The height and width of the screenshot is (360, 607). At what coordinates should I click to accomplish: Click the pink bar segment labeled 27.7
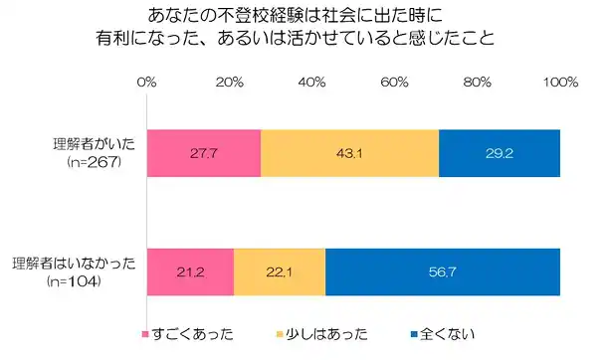coord(204,153)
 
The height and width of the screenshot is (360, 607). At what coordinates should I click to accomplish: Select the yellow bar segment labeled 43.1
coord(349,153)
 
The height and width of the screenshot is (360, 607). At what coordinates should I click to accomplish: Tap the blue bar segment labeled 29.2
coord(500,153)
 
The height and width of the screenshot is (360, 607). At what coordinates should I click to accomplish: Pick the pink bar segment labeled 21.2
coord(190,272)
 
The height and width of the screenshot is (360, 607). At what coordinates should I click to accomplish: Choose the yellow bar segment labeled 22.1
coord(280,272)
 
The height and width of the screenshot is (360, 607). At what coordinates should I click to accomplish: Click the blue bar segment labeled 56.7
coord(443,272)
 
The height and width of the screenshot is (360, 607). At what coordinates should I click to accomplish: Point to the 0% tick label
coord(147,82)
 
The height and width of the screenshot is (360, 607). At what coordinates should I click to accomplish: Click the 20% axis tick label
coord(230,82)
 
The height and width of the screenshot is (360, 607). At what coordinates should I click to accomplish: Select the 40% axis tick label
coord(312,82)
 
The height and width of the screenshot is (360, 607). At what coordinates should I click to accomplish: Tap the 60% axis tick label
coord(394,82)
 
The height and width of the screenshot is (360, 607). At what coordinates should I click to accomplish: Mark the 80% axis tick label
coord(478,82)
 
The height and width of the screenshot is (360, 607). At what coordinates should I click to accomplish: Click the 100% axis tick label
coord(560,82)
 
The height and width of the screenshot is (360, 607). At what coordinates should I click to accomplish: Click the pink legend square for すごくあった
coord(145,334)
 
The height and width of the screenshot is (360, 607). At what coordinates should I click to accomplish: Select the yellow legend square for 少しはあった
coord(280,334)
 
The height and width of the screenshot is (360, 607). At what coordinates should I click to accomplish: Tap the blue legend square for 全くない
coord(414,334)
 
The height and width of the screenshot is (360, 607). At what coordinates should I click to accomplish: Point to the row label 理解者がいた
coord(95,144)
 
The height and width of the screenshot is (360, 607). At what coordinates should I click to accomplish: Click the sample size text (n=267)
coord(95,162)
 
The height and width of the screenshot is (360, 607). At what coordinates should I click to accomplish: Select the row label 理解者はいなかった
coord(74,264)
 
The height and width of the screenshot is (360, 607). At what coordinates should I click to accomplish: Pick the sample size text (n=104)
coord(74,281)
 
